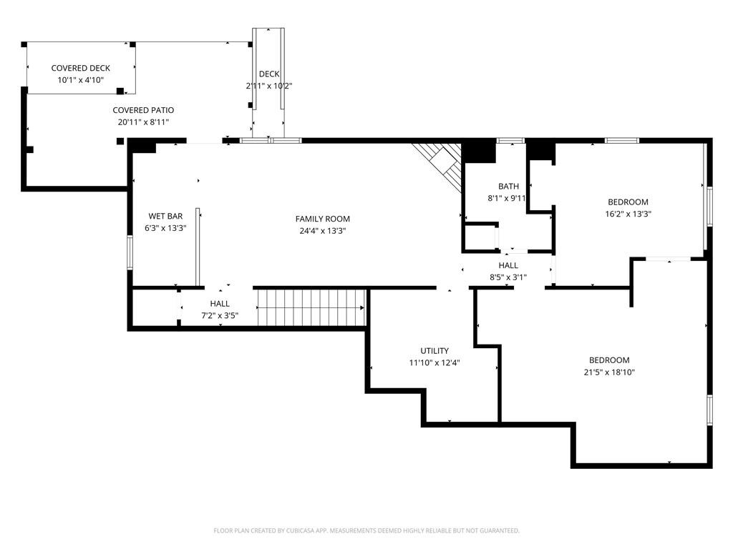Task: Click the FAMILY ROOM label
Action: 323,219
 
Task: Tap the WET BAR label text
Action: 165,216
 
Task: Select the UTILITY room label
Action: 435,350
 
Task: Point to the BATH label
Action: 508,187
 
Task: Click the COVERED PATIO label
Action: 143,110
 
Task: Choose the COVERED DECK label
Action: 80,68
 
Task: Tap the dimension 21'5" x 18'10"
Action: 609,372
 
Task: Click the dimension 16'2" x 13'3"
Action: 628,214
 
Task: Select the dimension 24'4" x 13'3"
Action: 323,231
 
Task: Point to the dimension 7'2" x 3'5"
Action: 220,315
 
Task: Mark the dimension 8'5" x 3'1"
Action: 508,277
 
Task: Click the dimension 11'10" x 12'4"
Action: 435,362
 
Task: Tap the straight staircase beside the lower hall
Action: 311,307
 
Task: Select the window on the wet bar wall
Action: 130,252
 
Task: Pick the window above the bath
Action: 510,140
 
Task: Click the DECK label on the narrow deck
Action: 269,74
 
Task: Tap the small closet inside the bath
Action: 480,238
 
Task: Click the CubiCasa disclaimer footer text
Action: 366,530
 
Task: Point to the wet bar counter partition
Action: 198,247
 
